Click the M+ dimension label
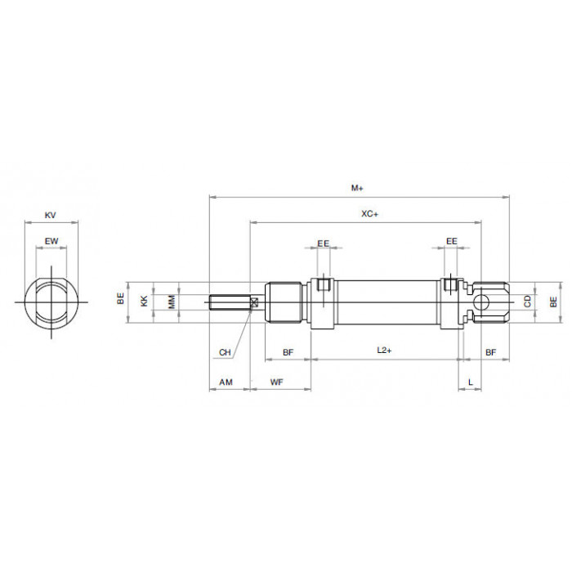[x=357, y=188]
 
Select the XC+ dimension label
[x=369, y=214]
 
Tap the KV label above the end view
[x=51, y=215]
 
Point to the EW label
[x=51, y=241]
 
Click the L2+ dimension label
[x=384, y=351]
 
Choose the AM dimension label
[x=226, y=382]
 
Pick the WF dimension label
[x=276, y=382]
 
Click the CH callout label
[x=225, y=352]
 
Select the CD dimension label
[x=528, y=302]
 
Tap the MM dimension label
[x=172, y=302]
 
